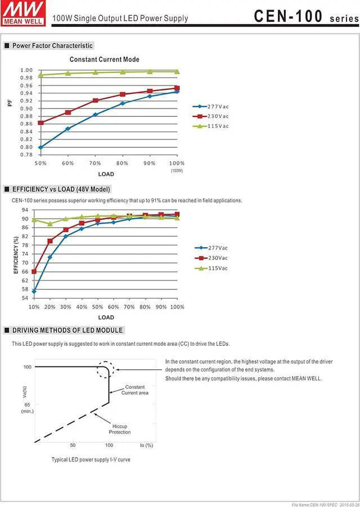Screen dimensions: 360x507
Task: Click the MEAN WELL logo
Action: [22, 12]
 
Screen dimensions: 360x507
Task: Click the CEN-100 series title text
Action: [307, 16]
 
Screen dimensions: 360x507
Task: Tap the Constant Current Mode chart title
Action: [105, 60]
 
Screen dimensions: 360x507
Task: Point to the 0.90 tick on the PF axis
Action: [26, 108]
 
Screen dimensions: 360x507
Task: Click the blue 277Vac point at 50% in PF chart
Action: [40, 147]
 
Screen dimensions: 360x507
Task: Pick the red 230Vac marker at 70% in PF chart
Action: [95, 101]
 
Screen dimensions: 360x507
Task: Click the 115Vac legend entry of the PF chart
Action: [210, 126]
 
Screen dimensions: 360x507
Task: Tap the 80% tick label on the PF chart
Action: [122, 164]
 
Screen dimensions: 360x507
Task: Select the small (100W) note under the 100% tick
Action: [177, 170]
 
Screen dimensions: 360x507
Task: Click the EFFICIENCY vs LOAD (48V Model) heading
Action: [61, 189]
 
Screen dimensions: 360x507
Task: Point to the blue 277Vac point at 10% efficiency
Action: [34, 291]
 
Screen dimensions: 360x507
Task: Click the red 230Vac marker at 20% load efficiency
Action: [50, 241]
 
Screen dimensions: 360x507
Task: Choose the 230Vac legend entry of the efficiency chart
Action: [211, 258]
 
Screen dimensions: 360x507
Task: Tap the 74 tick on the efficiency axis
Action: [25, 254]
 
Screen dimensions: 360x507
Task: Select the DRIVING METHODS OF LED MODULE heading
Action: [67, 330]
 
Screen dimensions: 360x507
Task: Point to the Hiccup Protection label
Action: [120, 429]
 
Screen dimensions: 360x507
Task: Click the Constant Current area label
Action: [135, 390]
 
